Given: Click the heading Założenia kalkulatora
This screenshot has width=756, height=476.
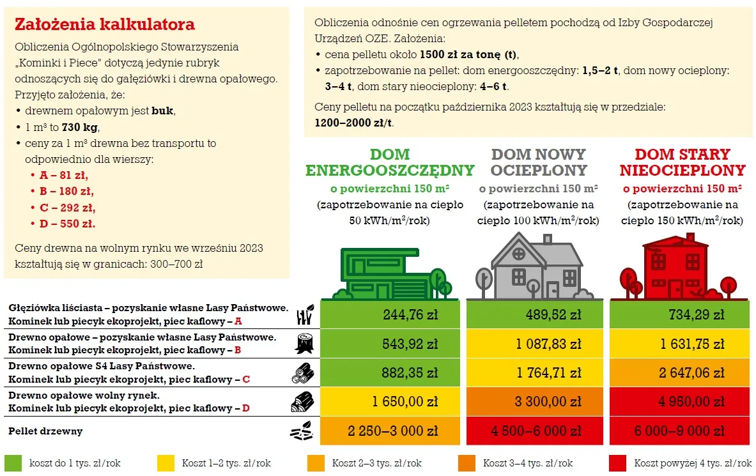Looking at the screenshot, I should pos(104,25).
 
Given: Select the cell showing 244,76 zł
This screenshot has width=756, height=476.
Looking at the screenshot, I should pos(390,315).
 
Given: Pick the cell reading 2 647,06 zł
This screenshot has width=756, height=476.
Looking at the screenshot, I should pos(679,373).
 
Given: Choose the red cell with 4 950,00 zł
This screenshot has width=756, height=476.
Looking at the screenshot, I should pos(679,402).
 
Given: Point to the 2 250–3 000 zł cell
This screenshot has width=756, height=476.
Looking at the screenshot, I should pos(390,431).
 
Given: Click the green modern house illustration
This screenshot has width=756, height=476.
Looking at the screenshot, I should pos(394,272).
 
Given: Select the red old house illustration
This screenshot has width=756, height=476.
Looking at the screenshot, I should pos(679,267).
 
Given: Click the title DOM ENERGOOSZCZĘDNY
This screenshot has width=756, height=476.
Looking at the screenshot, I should pos(390,162).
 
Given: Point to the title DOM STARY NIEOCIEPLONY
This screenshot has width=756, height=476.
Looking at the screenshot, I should pos(682,162).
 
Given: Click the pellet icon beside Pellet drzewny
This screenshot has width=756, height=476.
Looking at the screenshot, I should pos(302,432).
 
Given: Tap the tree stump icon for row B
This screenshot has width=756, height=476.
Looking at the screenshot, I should pos(304,344).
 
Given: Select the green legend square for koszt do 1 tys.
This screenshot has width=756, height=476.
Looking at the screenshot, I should pos(13,463).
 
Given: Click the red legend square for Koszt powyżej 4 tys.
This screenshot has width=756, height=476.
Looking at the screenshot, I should pos(617,463).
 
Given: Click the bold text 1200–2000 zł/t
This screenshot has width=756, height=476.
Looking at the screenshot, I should pos(354,123).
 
